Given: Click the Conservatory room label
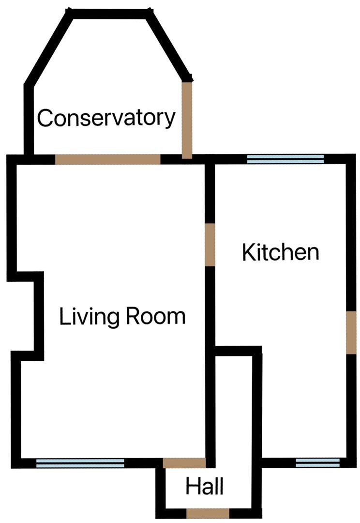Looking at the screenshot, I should click(x=106, y=118).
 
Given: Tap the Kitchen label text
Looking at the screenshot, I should click(x=281, y=252).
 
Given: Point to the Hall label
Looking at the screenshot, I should click(x=205, y=486).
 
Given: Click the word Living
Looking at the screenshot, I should click(x=89, y=317).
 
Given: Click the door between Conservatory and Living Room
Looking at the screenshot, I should click(x=107, y=159).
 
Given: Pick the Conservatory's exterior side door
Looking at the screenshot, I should click(x=187, y=120).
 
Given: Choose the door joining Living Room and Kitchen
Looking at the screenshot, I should click(x=210, y=245).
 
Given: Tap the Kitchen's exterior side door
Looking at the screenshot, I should click(x=351, y=332).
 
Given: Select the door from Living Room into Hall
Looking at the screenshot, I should click(x=184, y=462).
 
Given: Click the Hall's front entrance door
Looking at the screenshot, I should click(x=208, y=513).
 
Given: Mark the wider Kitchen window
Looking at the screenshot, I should click(x=285, y=159).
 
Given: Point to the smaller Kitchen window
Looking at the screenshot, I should click(x=311, y=463).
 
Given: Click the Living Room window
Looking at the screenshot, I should click(x=80, y=463).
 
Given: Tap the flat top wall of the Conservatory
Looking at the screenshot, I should click(x=110, y=14).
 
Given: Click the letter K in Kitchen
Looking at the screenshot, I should click(x=248, y=252).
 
